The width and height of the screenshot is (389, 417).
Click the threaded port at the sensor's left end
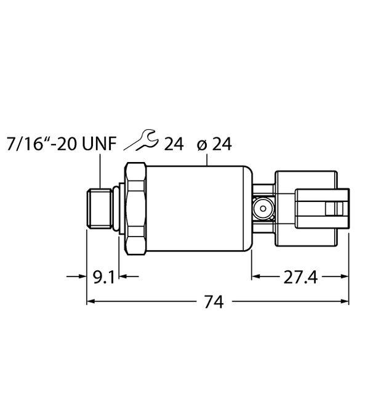click(x=100, y=209)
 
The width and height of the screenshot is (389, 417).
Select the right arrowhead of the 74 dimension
click(x=346, y=301)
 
